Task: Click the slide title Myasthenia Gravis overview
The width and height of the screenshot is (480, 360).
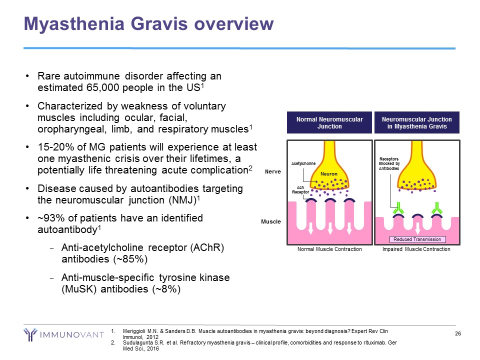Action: (x=149, y=24)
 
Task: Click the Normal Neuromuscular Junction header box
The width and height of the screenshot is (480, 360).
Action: (x=329, y=123)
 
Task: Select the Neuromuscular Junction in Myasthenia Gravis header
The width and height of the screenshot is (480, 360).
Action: (x=416, y=123)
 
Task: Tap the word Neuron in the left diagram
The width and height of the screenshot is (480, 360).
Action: (x=329, y=174)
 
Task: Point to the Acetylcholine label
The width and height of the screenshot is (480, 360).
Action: (x=303, y=163)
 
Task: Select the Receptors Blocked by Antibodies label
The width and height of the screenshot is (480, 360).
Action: (x=389, y=164)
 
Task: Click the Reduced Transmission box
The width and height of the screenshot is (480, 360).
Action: (x=416, y=239)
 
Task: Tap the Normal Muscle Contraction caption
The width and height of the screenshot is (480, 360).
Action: (x=329, y=249)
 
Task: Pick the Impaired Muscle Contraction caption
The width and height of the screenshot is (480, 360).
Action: (x=416, y=249)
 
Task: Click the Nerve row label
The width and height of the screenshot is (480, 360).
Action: (x=273, y=171)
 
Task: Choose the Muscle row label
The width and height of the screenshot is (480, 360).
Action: (x=271, y=221)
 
